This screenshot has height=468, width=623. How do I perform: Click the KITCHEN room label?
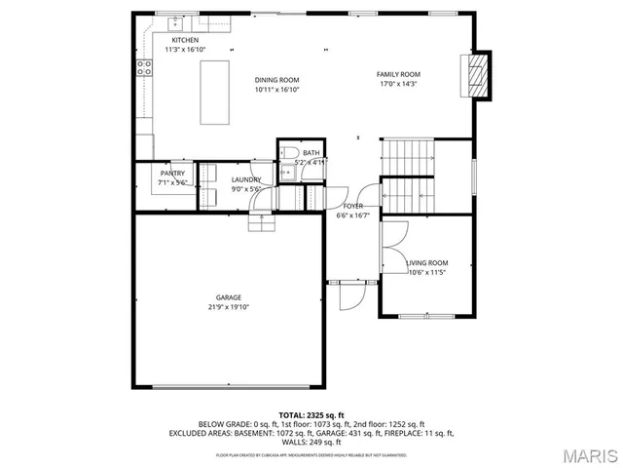click(x=185, y=40)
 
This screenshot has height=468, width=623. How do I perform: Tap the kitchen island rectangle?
click(x=215, y=92)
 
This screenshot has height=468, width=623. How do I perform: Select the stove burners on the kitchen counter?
click(x=144, y=68)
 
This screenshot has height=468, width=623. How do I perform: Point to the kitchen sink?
click(x=176, y=21)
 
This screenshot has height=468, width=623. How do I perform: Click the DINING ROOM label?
click(x=276, y=80)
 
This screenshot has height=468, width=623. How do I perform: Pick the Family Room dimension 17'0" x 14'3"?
click(x=398, y=84)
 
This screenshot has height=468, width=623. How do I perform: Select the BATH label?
click(x=311, y=153)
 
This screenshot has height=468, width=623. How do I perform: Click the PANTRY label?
click(x=172, y=174)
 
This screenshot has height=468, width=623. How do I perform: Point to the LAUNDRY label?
click(x=244, y=179)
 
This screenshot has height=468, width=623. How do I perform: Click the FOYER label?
click(x=352, y=207)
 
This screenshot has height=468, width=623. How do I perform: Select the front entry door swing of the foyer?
click(x=350, y=292)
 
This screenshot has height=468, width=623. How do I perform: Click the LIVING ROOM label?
click(x=426, y=262)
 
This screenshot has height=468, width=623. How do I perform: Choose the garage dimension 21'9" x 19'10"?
click(x=229, y=306)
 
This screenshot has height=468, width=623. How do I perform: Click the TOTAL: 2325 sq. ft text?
click(x=311, y=414)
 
